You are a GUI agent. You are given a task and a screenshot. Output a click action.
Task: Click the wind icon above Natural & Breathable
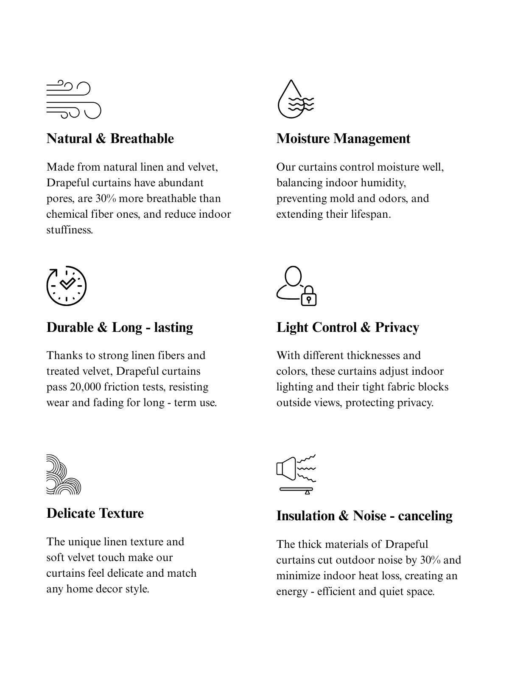coord(74,99)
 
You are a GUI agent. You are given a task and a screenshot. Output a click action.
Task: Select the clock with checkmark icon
coord(67,286)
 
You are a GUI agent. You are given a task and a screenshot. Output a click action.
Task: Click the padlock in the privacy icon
coord(309,297)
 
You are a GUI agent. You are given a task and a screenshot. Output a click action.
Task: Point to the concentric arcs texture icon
coord(63,474)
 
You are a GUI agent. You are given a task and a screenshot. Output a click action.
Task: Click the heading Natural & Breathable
coord(110,139)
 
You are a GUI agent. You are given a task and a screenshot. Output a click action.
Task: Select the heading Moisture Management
coord(343,139)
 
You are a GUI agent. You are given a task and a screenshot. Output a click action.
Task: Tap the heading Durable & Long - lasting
coord(120,327)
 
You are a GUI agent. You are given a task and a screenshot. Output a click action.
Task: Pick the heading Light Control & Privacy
coord(347,327)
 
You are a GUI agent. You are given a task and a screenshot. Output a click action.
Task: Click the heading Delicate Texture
coord(95,513)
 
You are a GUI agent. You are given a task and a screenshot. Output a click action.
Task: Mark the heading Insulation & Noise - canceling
coord(364,516)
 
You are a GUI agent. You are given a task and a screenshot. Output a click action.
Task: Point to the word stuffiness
coord(69,230)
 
